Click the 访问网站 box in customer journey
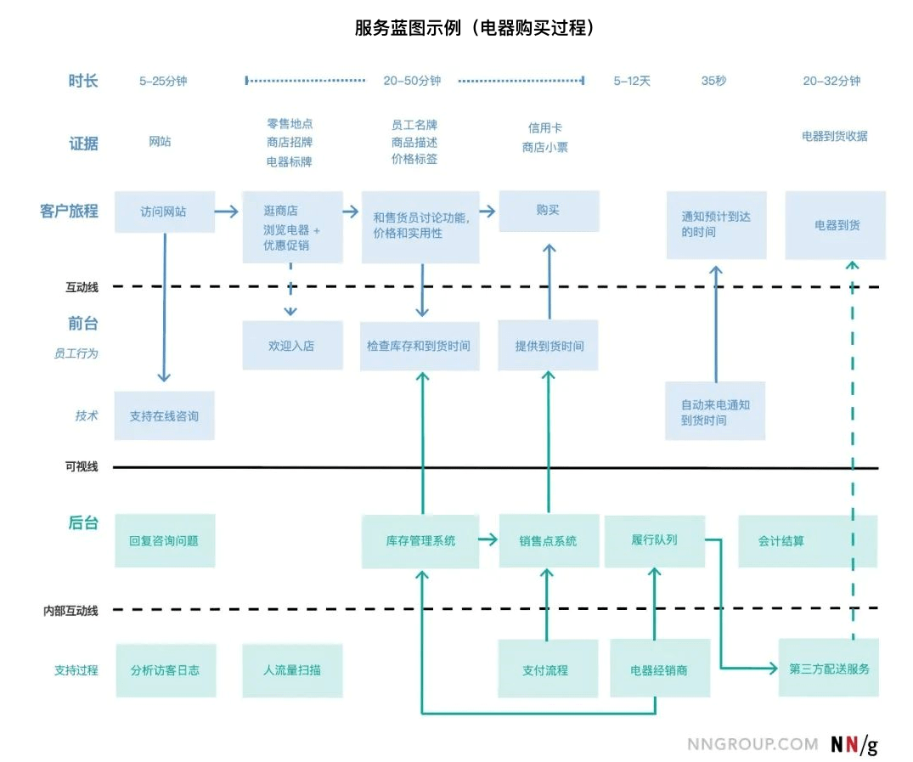click(165, 212)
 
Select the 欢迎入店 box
click(292, 346)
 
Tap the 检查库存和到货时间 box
click(420, 346)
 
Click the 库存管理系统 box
click(420, 540)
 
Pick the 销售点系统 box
click(548, 540)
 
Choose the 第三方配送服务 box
click(829, 669)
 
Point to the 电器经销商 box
click(659, 669)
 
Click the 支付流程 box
click(548, 669)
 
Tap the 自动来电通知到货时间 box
click(715, 413)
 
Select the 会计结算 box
click(807, 540)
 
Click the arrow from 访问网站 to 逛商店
click(227, 212)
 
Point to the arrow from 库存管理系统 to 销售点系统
click(488, 539)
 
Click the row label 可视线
click(82, 466)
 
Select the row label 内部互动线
click(71, 610)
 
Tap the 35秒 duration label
click(713, 81)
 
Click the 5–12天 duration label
click(632, 81)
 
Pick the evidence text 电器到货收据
click(834, 136)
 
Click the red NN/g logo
click(854, 744)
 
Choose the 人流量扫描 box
click(292, 669)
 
